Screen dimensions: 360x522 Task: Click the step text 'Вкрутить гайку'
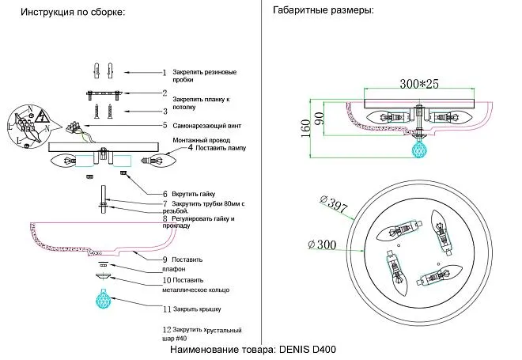click(197, 194)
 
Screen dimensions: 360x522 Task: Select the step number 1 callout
click(165, 72)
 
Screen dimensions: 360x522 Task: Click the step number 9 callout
click(165, 260)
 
